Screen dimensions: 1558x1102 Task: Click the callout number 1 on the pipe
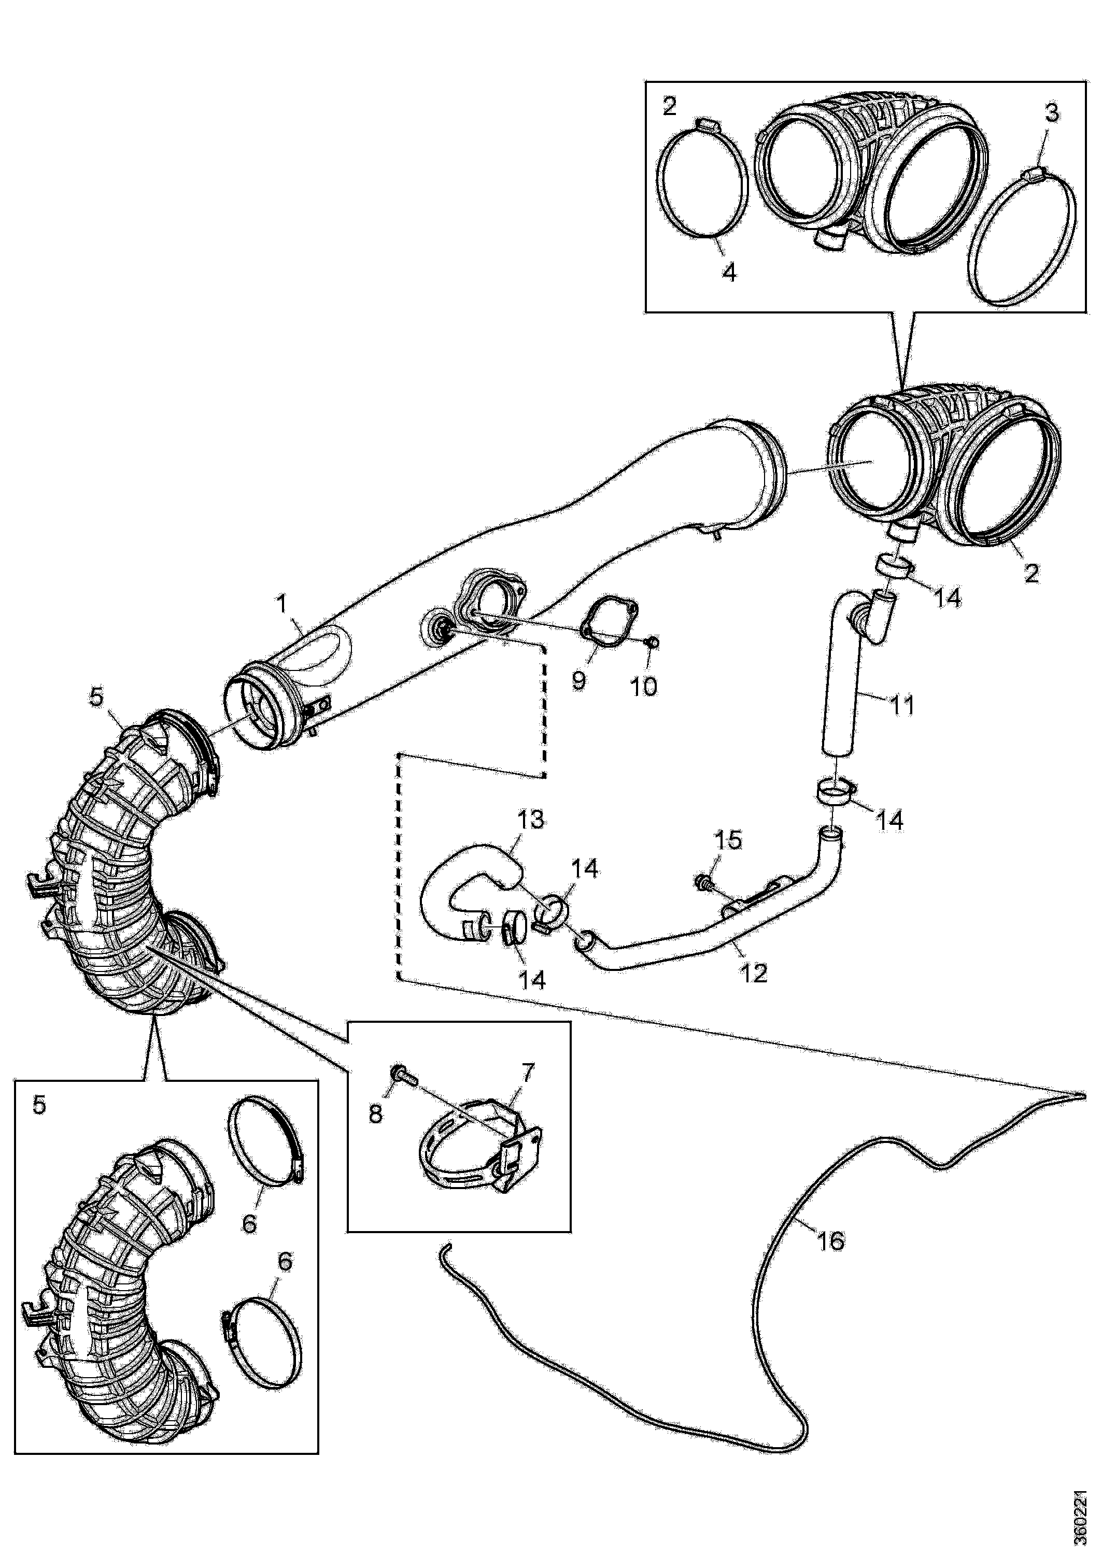pyautogui.click(x=281, y=603)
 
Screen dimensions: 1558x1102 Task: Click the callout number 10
pyautogui.click(x=644, y=687)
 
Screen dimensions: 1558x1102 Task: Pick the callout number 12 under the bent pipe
pyautogui.click(x=754, y=974)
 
